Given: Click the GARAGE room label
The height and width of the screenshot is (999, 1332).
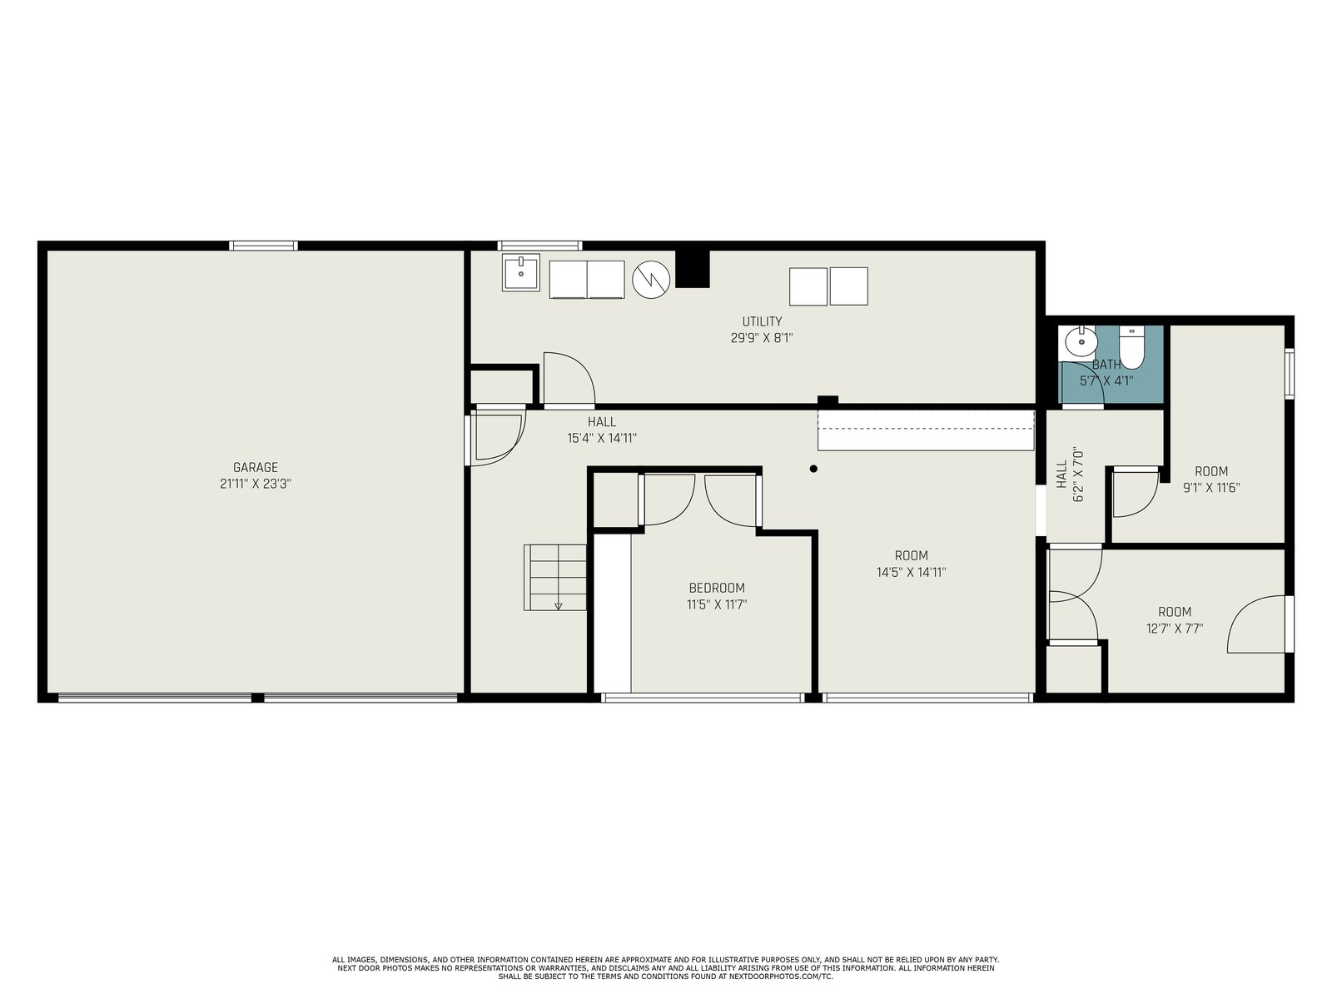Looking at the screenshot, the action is (x=256, y=467).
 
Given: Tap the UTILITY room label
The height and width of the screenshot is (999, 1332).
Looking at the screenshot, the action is (x=763, y=321).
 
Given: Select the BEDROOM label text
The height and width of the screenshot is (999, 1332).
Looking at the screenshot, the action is (x=717, y=588).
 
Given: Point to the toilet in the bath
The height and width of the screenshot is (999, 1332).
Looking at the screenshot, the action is (x=1131, y=347).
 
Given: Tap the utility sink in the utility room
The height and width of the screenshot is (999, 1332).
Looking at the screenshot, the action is (x=520, y=272).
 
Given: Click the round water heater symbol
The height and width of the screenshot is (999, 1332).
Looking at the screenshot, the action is (x=651, y=280).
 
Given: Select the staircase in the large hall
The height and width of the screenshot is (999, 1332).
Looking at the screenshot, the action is (x=554, y=578).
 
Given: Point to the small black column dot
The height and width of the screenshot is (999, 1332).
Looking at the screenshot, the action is (x=813, y=469).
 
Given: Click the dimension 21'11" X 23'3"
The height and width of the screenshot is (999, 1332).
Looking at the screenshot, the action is (x=256, y=484).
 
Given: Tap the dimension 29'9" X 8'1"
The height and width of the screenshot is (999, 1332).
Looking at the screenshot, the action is (x=763, y=338).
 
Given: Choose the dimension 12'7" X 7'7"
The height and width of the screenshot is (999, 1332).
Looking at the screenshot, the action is (x=1175, y=629).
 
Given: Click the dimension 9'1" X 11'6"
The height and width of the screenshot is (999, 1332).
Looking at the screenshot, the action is (x=1211, y=488).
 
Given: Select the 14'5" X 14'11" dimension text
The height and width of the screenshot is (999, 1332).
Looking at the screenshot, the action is (x=912, y=572).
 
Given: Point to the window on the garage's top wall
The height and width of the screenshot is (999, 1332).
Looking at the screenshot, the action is (x=263, y=246).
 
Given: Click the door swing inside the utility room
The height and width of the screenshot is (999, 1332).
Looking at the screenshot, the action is (x=569, y=379).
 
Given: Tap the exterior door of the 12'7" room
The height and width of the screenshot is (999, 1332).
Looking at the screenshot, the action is (x=1258, y=624).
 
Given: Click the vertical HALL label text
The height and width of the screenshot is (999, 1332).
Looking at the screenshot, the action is (x=1062, y=475).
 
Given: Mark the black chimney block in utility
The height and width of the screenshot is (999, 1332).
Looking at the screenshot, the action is (x=693, y=269).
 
